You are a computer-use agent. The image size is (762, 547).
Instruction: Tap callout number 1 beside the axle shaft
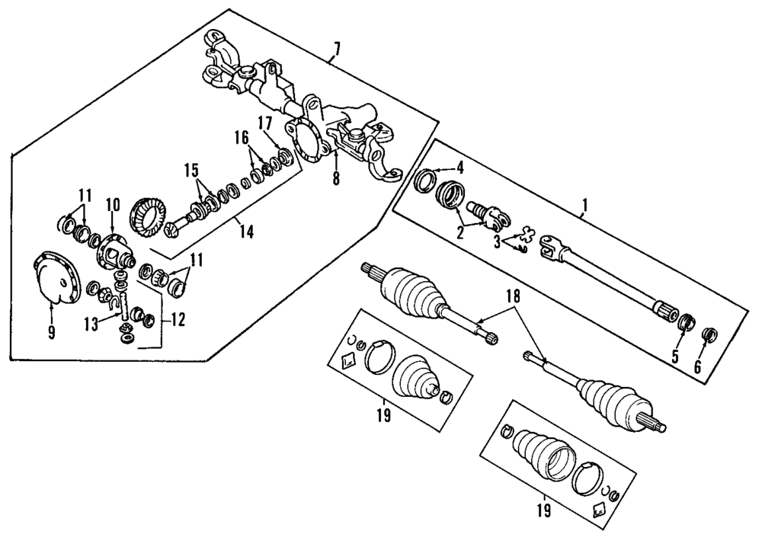pyautogui.click(x=584, y=205)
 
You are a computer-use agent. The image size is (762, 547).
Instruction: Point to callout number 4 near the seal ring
pyautogui.click(x=459, y=167)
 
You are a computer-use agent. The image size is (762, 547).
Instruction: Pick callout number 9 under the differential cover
pyautogui.click(x=52, y=332)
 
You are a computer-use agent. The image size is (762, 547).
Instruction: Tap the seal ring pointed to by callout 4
pyautogui.click(x=426, y=181)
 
